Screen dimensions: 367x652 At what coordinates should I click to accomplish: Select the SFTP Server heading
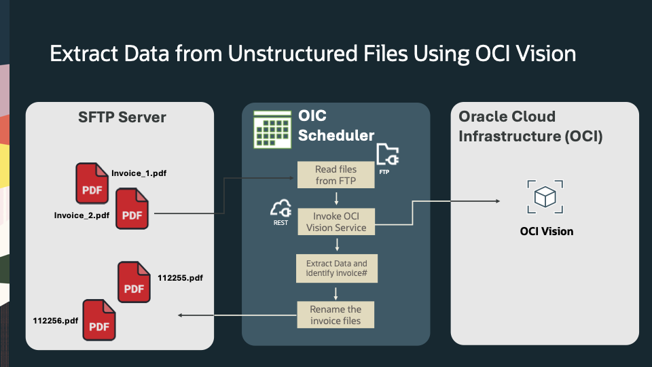122,118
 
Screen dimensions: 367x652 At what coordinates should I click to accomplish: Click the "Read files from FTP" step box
336,175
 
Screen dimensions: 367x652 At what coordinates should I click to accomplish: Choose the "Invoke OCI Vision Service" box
336,222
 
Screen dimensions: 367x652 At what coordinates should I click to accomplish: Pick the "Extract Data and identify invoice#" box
336,268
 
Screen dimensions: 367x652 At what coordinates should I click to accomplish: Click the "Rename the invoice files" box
336,315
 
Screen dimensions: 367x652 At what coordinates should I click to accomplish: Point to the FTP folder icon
387,156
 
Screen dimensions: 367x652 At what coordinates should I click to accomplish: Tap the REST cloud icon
280,209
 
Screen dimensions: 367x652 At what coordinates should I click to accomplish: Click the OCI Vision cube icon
546,196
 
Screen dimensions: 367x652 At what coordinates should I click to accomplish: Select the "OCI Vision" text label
546,232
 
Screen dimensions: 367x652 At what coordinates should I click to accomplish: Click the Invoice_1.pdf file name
139,173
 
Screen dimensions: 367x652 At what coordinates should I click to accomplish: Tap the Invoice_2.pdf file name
81,215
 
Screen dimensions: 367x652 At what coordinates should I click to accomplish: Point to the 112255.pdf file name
180,278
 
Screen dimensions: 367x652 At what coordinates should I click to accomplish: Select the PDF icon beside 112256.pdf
99,320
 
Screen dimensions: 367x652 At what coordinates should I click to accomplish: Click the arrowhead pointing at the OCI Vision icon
498,201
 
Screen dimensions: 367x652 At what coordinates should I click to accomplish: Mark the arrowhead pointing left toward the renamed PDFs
180,315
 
